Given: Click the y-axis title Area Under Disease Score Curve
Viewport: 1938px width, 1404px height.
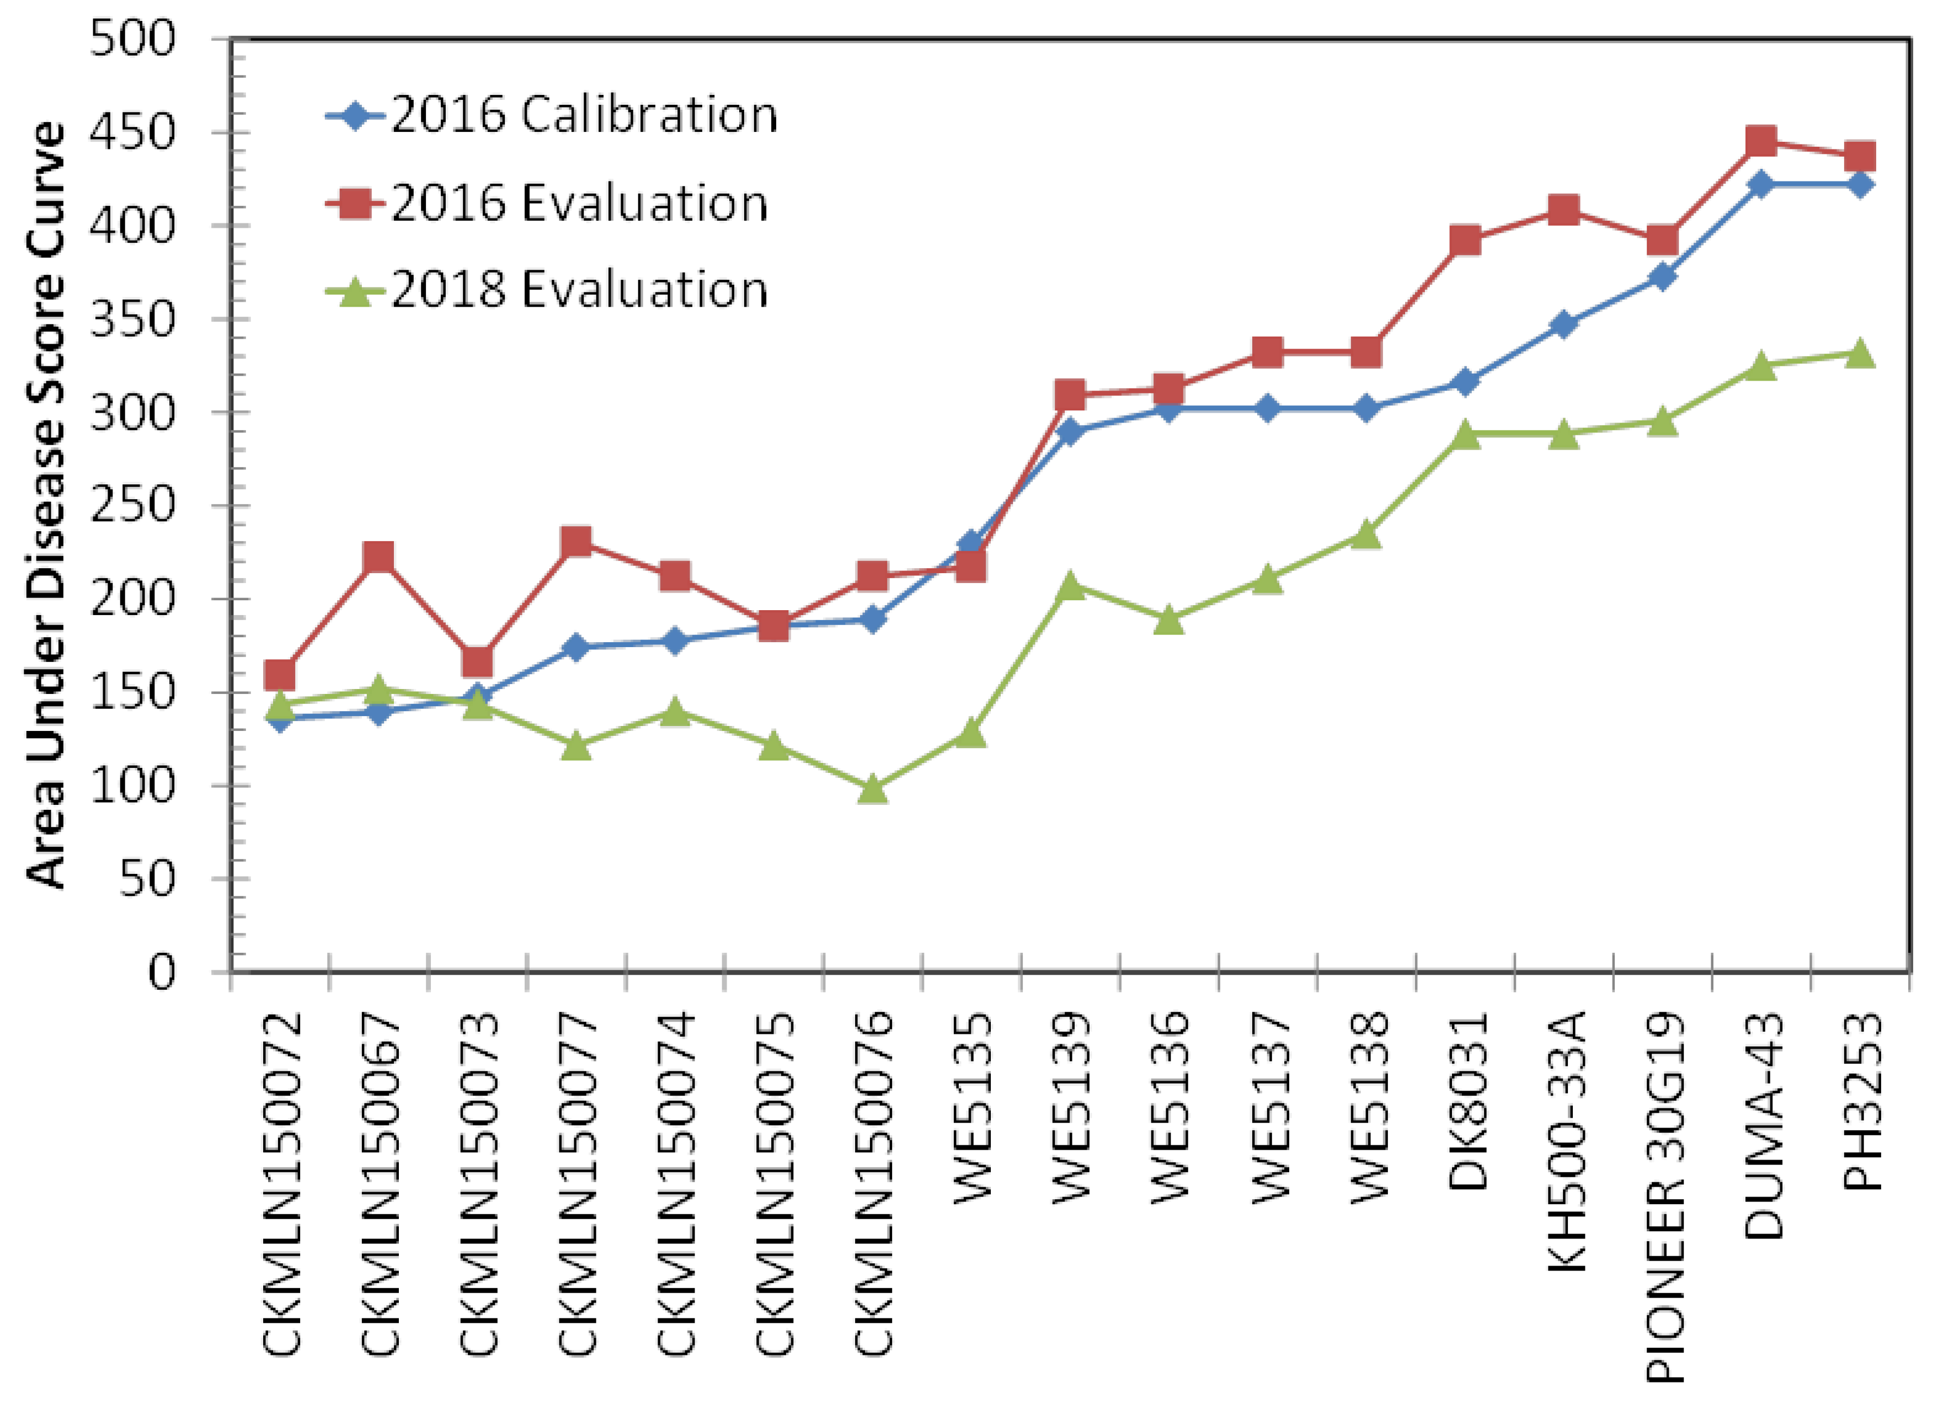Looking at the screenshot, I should click(x=47, y=505).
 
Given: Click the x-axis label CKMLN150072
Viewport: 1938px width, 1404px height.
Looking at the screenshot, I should click(x=282, y=1183).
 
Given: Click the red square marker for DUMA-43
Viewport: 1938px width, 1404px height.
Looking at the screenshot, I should click(x=1761, y=141).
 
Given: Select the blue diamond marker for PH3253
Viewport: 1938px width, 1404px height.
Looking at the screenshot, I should click(x=1860, y=185).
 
